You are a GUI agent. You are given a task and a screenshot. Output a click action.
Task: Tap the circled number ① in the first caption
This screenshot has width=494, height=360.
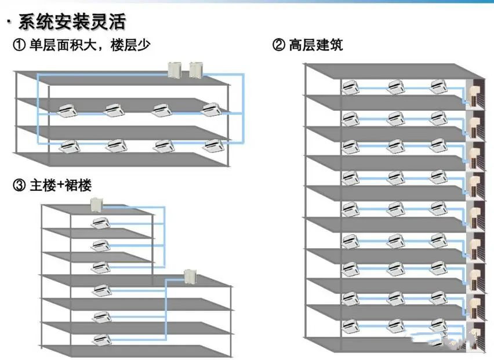coord(20,45)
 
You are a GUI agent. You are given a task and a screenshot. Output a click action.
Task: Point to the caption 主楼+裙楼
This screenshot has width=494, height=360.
coord(60,185)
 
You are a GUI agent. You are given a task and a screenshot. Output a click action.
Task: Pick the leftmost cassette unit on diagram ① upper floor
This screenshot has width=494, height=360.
coord(68,109)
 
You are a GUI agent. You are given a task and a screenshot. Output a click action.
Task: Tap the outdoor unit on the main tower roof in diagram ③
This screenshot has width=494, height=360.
coord(96,204)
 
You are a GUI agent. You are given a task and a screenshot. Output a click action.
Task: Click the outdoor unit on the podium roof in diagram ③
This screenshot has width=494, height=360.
coord(190,277)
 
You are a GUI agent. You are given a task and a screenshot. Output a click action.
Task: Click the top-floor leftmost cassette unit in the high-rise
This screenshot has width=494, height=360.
coord(350,87)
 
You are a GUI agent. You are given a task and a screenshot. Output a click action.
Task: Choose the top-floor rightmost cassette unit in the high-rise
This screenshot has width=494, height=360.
coord(438,87)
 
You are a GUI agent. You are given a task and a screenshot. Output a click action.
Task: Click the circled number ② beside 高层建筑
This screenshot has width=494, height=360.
coord(279,45)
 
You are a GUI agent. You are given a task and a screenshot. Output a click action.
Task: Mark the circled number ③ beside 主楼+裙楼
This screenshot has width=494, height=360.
coord(20,185)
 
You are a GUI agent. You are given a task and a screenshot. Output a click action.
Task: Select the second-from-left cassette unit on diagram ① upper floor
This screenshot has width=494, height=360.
coord(114,109)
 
